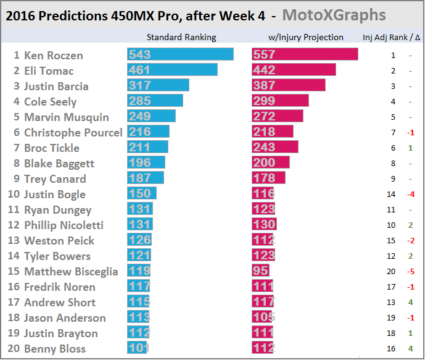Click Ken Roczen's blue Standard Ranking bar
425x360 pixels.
click(180, 55)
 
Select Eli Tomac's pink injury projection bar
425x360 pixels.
click(294, 70)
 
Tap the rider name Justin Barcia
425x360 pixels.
click(56, 86)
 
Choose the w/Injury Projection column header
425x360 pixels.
click(304, 37)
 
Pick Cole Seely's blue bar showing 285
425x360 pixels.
click(155, 101)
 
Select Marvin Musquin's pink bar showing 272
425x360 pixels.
click(278, 117)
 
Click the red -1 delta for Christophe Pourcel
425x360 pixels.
click(410, 133)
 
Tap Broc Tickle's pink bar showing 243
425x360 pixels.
click(275, 148)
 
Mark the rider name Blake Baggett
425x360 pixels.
click(59, 164)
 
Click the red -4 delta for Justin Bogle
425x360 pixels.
click(410, 195)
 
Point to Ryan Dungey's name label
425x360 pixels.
click(57, 210)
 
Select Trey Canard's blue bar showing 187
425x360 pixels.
click(146, 178)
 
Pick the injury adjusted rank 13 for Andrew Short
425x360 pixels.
click(393, 303)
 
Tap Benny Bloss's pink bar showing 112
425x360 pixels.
click(263, 349)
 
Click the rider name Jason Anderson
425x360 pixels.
click(65, 318)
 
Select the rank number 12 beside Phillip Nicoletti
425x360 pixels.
click(14, 225)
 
